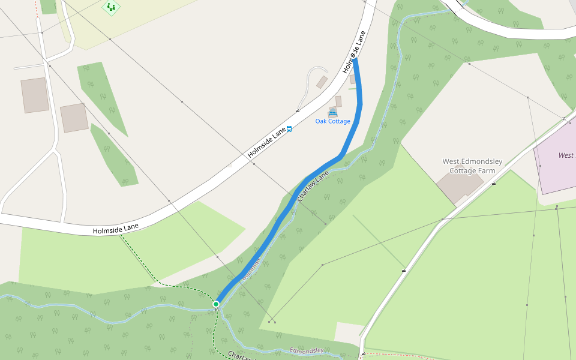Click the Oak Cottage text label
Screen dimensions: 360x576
332,121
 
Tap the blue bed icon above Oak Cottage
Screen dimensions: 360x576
332,112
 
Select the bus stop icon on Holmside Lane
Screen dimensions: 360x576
289,129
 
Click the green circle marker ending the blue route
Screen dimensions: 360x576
216,304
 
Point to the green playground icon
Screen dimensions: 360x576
110,7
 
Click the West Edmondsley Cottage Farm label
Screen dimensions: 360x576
472,166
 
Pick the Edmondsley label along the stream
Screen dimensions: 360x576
307,350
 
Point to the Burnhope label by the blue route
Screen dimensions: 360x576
253,269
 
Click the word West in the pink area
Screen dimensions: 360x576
565,155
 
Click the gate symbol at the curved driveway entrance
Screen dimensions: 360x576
298,110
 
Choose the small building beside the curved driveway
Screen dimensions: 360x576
322,82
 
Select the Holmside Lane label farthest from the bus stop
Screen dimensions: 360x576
116,229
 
